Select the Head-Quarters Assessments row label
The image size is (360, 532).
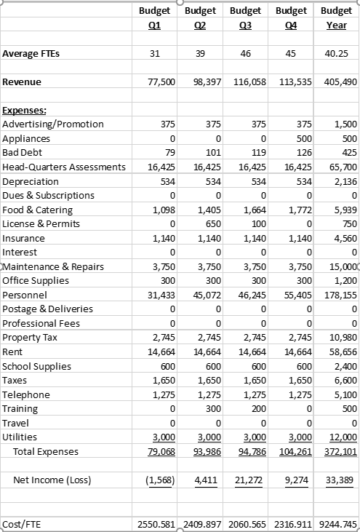64,167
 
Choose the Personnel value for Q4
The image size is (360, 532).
297,295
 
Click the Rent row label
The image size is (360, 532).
13,352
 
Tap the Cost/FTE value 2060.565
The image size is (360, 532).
250,524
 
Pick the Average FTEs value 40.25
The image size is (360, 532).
342,53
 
